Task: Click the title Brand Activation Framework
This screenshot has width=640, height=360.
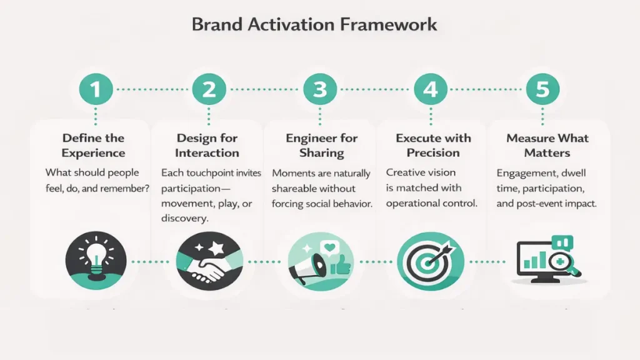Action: coord(314,24)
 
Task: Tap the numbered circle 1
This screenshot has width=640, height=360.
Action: coord(96,89)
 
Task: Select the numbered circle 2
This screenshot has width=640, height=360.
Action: coord(209,89)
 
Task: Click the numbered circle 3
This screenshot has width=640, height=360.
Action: coord(320,89)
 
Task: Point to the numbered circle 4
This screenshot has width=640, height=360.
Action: coord(431,89)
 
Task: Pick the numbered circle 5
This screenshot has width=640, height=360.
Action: coord(542,89)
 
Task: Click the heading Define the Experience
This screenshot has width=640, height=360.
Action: coord(94,145)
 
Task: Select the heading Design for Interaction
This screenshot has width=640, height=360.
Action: coord(207,145)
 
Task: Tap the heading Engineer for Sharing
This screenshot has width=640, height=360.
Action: coord(322,145)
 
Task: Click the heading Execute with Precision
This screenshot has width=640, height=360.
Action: coord(433,145)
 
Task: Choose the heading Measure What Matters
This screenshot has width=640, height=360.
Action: coord(547,145)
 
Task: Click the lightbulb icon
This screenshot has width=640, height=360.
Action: coord(96,261)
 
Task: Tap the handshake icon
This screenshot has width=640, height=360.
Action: coord(209,261)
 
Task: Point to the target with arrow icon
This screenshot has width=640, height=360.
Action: coord(431,261)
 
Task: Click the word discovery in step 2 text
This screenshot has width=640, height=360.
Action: coord(185,218)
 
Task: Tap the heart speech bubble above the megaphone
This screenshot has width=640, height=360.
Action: coord(330,247)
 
